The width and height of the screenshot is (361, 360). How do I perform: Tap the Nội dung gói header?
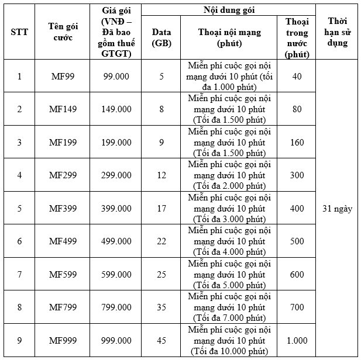pos(229,9)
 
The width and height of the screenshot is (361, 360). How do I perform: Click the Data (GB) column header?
pos(161,37)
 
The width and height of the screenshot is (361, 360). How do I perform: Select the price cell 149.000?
pos(117,109)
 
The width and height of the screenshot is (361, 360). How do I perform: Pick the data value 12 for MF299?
pos(161,175)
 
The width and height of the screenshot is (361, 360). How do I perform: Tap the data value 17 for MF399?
pos(161,208)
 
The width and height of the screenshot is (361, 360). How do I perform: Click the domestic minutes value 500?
pos(297,241)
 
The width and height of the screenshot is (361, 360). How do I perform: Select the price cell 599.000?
pos(117,274)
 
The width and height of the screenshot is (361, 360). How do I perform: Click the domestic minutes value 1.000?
pos(297,340)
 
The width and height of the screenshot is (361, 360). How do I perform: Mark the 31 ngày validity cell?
pos(337,208)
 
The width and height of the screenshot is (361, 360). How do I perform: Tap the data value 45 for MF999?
pos(161,340)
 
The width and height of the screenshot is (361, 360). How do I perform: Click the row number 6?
pos(19,241)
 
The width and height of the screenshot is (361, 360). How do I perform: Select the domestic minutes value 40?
pos(297,76)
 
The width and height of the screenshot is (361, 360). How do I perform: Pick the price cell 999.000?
pos(117,340)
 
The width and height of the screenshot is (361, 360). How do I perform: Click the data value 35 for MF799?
pos(161,307)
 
